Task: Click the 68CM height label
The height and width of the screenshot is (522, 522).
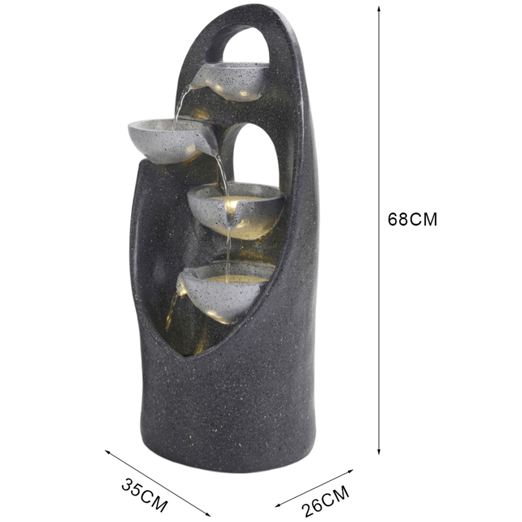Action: click(412, 220)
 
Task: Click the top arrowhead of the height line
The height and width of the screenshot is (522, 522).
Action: click(378, 8)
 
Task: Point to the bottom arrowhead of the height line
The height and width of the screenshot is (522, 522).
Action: click(378, 451)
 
